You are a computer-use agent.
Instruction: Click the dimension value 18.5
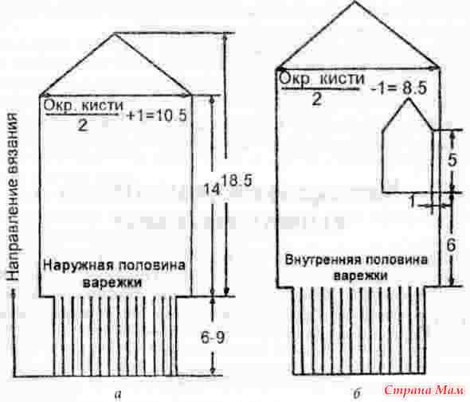pos(239,181)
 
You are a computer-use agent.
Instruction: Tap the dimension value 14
pos(213,189)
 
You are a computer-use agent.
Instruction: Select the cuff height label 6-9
pos(213,338)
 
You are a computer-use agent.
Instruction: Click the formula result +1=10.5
pos(157,115)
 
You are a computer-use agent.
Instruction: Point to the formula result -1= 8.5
pos(398,88)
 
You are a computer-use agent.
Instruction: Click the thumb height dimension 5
pos(452,160)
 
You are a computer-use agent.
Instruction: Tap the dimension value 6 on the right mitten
pos(451,245)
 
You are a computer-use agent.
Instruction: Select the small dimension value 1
pos(413,201)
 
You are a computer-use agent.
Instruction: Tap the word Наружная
pos(79,265)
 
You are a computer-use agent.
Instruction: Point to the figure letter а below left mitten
pos(118,395)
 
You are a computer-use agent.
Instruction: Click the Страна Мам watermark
pos(423,390)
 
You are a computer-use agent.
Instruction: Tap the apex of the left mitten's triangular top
pos(114,34)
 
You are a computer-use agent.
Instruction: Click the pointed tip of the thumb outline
pos(408,99)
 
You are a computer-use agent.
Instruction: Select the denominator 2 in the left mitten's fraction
pos(82,125)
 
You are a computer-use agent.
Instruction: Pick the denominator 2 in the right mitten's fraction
pos(316,100)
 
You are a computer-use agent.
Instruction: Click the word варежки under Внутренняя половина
pos(360,275)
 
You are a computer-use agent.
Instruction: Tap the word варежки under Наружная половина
pos(112,282)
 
